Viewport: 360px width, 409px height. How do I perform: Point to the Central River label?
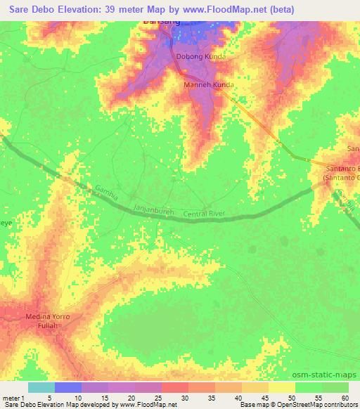[207, 214]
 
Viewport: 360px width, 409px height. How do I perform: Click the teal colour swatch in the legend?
[41, 387]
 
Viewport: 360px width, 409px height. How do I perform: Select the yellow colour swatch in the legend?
[282, 387]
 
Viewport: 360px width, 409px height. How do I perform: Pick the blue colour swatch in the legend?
[68, 387]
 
